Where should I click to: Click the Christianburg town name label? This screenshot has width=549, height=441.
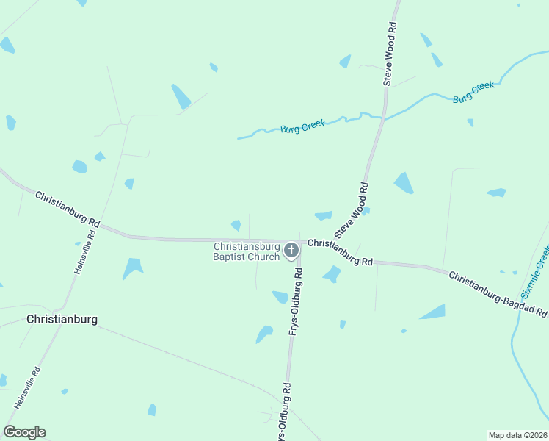click(62, 320)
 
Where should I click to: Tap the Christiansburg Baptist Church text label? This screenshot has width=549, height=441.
click(247, 251)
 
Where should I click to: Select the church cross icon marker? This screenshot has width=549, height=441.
click(291, 251)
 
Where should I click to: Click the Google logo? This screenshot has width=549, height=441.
click(24, 432)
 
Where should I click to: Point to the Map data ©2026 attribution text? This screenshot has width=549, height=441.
click(517, 435)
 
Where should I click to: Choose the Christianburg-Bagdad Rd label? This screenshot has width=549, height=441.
click(498, 295)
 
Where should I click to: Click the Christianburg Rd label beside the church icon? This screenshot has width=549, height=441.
click(341, 252)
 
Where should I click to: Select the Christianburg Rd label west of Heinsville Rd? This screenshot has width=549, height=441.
click(68, 209)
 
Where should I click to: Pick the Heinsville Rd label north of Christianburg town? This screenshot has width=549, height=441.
click(85, 253)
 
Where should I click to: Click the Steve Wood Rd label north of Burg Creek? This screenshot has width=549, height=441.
click(390, 54)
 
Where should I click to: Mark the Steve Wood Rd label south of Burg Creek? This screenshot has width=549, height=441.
click(351, 212)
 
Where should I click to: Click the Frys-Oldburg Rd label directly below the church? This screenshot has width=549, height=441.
click(295, 301)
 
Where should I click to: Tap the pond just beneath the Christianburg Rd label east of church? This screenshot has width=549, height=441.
click(332, 274)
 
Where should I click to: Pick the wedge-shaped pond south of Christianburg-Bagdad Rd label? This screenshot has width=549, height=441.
click(433, 312)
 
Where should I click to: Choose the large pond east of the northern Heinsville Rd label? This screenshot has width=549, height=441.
click(133, 268)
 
